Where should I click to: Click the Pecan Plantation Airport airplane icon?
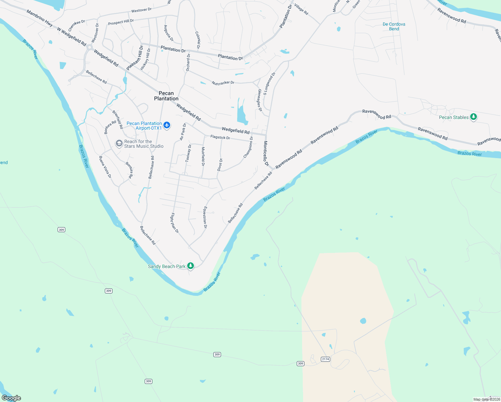tap(167, 126)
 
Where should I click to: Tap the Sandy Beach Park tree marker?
tap(191, 266)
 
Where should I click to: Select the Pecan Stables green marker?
tap(473, 117)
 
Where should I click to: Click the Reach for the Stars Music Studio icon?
tap(119, 144)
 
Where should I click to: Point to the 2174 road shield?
tap(326, 359)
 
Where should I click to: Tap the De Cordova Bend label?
tap(394, 26)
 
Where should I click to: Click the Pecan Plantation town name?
tap(166, 96)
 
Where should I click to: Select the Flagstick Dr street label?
tap(220, 137)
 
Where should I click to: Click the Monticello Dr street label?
tap(266, 153)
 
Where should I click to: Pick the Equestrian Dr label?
tap(205, 217)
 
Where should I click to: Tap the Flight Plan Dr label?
tap(175, 223)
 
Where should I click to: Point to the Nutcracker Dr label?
tap(223, 83)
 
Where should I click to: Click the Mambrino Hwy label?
tap(40, 18)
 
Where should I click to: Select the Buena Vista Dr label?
tap(105, 167)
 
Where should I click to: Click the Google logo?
tap(11, 398)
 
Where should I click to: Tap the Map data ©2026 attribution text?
tap(487, 399)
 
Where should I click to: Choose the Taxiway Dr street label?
tap(188, 153)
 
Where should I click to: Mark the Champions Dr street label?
tap(248, 147)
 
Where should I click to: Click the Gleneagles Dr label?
tap(260, 100)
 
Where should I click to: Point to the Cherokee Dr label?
tap(77, 25)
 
